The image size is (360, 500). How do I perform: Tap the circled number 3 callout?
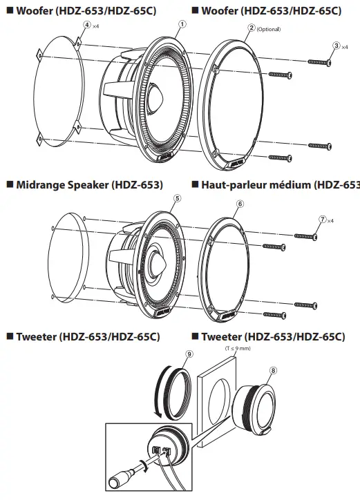[x=337, y=46]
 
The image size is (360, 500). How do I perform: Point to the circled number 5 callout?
[x=178, y=198]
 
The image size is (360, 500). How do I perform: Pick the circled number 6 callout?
[x=240, y=204]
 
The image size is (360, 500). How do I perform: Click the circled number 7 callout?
[x=322, y=219]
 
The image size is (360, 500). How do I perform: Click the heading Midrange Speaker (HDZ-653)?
[x=84, y=185]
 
